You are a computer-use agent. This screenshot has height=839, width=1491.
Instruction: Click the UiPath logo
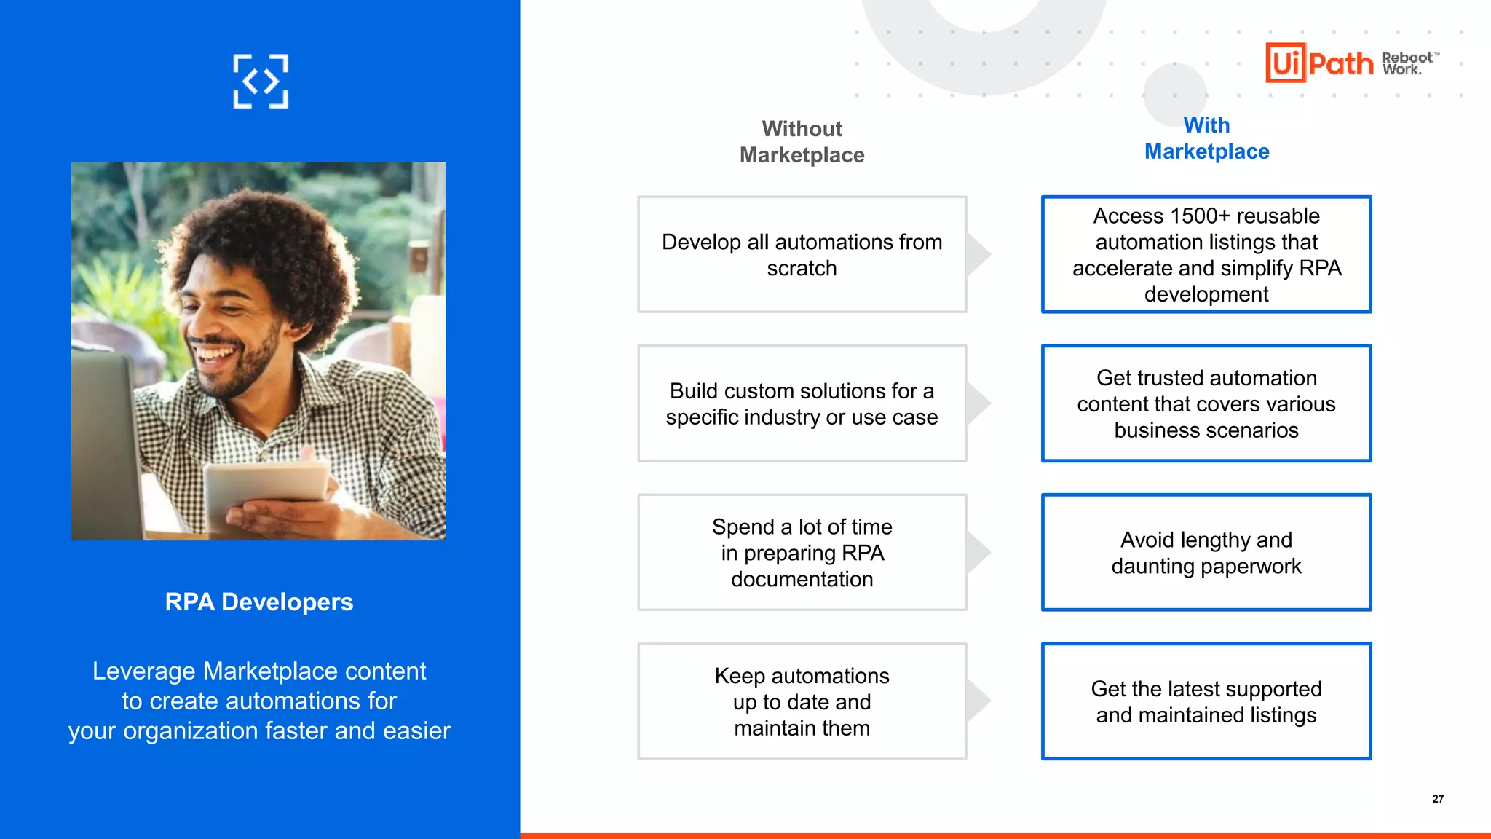[x=1318, y=63]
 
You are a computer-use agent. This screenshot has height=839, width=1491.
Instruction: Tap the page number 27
[x=1438, y=799]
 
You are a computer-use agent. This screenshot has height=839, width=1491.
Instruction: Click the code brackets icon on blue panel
[x=260, y=82]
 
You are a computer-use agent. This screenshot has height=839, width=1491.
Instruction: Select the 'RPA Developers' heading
[x=258, y=602]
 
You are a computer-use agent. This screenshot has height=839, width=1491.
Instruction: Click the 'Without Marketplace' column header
[x=802, y=142]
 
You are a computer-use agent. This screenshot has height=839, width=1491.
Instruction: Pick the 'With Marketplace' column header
[x=1206, y=138]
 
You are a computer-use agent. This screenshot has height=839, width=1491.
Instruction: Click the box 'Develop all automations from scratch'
[x=802, y=255]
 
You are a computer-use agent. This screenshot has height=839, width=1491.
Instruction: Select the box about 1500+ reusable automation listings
[x=1206, y=255]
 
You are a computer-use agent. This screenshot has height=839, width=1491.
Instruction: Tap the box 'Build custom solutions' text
[x=802, y=404]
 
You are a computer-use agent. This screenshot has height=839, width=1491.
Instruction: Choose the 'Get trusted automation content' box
[x=1206, y=404]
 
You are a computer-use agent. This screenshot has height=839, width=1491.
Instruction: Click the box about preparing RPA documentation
[x=802, y=553]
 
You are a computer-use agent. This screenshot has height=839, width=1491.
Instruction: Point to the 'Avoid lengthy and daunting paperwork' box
[x=1206, y=553]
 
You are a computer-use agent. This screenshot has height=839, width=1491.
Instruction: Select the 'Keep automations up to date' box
[x=802, y=701]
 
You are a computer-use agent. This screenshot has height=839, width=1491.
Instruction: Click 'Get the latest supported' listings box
[x=1206, y=701]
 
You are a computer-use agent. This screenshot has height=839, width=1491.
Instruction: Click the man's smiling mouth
[x=215, y=354]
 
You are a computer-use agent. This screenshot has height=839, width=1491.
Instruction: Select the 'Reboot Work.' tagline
[x=1407, y=63]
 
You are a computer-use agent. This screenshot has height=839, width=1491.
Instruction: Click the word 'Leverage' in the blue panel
[x=143, y=671]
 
